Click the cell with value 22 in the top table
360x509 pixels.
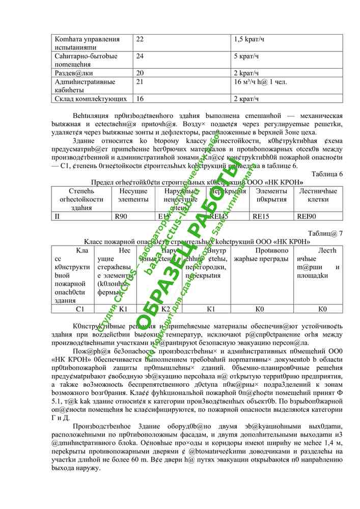(140, 39)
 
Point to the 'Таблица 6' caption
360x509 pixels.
(326, 174)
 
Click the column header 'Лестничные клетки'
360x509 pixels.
(318, 194)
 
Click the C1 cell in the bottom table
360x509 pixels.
(80, 308)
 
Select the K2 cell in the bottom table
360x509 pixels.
(165, 308)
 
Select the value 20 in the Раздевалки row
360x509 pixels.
(140, 73)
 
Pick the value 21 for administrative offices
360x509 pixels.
(140, 81)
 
